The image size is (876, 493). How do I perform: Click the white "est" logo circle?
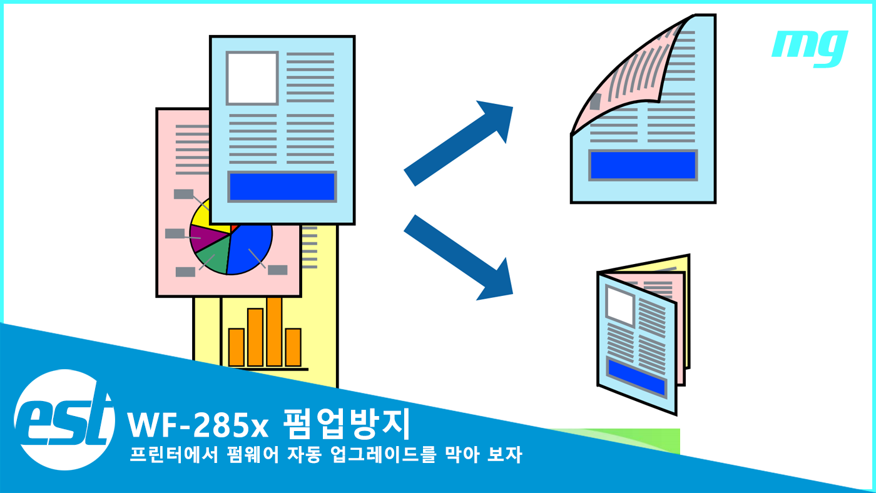pos(64,419)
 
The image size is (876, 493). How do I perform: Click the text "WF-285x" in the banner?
pos(198,425)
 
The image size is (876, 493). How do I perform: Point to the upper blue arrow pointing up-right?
pos(460,142)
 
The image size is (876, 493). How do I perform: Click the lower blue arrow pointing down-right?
pos(460,257)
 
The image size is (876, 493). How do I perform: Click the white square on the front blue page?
pos(252,78)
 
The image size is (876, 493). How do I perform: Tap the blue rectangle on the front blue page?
pos(282,186)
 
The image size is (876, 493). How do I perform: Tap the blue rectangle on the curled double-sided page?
pos(643,165)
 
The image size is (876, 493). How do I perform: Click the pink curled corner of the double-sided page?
pos(619,81)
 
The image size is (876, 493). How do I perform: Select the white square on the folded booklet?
pos(621,305)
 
